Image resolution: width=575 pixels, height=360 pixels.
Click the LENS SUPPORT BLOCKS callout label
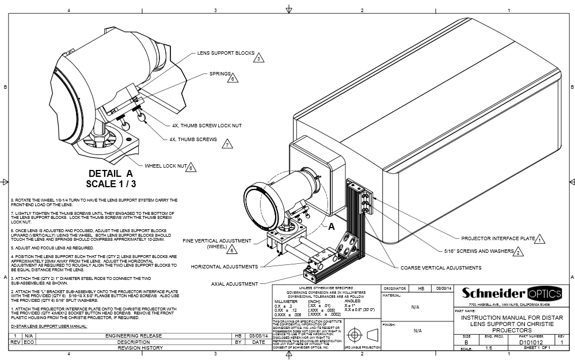pos(226,52)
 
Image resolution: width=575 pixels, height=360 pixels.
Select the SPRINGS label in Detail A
pos(219,74)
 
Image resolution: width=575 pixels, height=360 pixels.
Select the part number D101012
pos(531,342)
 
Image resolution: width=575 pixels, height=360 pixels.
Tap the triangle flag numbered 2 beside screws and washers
pos(518,252)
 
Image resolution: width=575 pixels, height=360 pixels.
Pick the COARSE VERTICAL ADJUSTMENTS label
pos(441,268)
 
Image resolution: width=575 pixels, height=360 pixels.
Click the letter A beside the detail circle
pos(331,228)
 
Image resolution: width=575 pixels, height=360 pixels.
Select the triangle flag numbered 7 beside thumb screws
pos(228,145)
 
